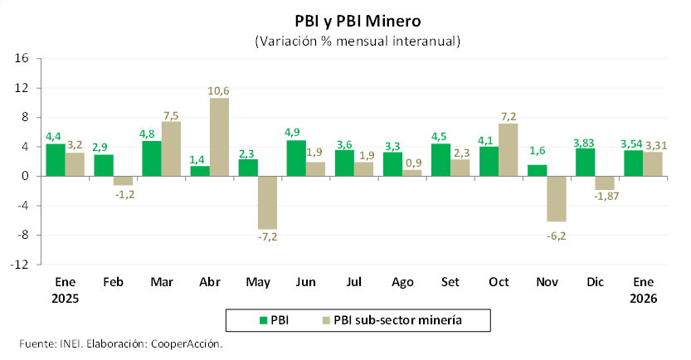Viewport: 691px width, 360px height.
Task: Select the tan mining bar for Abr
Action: pyautogui.click(x=219, y=137)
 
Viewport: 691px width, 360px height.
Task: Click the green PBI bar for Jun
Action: pyautogui.click(x=296, y=158)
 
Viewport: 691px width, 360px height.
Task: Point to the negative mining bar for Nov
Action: pyautogui.click(x=556, y=198)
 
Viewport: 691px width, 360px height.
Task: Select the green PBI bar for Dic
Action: pyautogui.click(x=585, y=162)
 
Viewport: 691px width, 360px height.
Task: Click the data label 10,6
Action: pyautogui.click(x=220, y=90)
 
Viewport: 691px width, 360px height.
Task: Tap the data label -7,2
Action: pyautogui.click(x=267, y=237)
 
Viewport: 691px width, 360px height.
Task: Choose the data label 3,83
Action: pyautogui.click(x=585, y=141)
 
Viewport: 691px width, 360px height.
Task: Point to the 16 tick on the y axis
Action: pyautogui.click(x=22, y=58)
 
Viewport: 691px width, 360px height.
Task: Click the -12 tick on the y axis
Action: pyautogui.click(x=20, y=265)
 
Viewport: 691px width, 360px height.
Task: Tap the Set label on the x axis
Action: pyautogui.click(x=450, y=282)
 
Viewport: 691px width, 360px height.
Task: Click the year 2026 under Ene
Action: pyautogui.click(x=643, y=298)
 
